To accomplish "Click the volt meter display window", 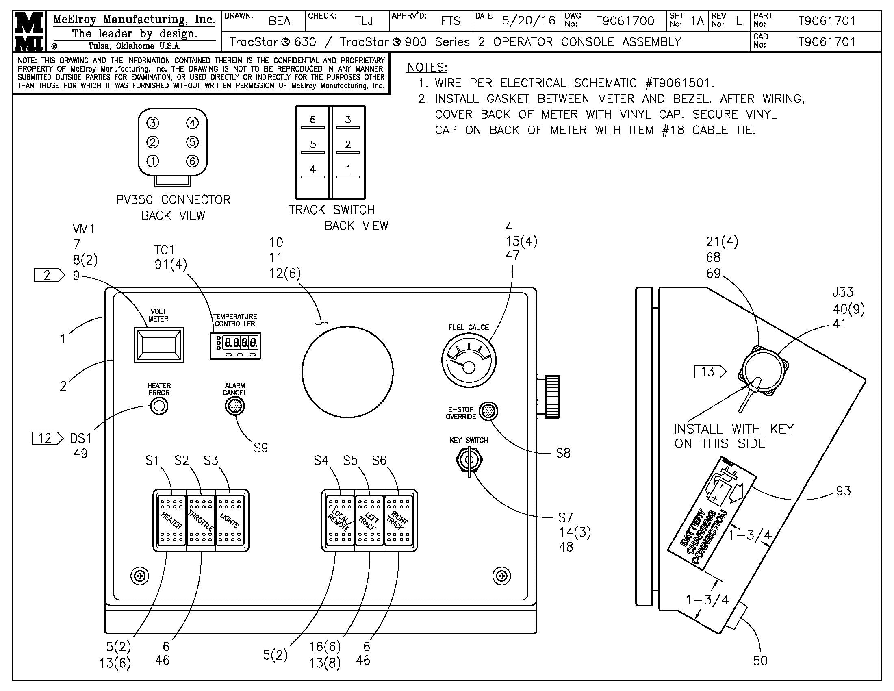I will point(159,345).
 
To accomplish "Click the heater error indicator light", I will point(159,406).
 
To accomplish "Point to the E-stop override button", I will point(488,411).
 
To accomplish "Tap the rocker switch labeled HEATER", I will point(171,520).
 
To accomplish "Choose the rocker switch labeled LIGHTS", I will point(230,520).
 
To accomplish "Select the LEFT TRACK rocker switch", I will point(369,520).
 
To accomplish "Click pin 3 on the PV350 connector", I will point(153,123).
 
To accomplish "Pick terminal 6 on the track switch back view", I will point(313,120).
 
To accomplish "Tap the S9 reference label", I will point(261,448).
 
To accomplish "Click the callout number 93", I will point(843,491).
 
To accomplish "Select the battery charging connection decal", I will point(712,520).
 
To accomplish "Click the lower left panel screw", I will point(140,576).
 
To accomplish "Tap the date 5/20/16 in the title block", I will point(528,20).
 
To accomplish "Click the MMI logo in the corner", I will point(29,31).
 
